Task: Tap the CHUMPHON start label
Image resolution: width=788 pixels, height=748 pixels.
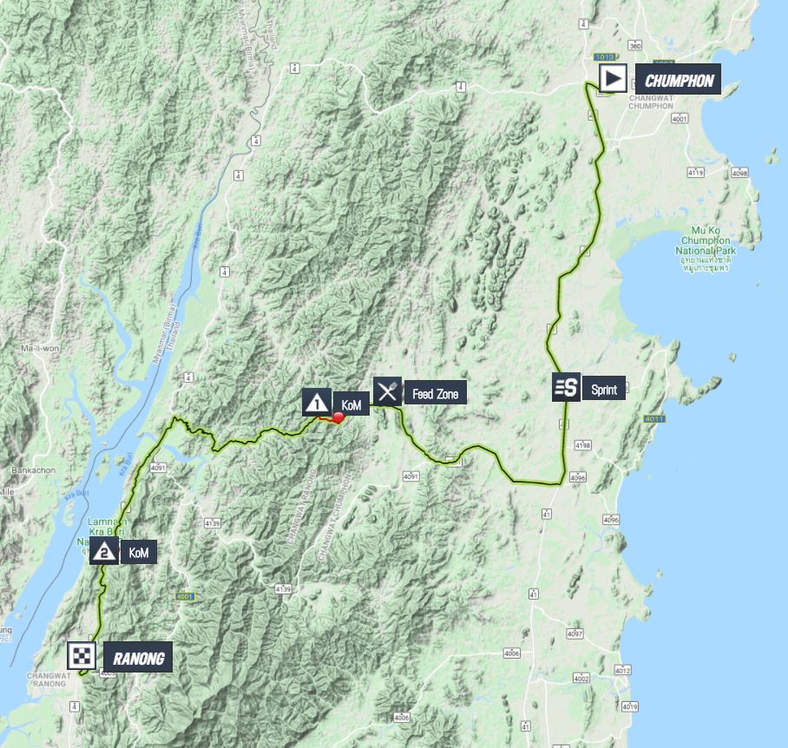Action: [x=679, y=82]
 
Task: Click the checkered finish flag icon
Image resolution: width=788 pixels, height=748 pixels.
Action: [x=81, y=656]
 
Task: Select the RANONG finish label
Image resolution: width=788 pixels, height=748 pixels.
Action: [x=137, y=659]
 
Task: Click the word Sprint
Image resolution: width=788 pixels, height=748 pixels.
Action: [x=604, y=390]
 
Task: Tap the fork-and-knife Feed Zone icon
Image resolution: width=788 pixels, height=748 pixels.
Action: [x=387, y=391]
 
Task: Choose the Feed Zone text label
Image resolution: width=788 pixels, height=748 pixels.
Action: [x=435, y=394]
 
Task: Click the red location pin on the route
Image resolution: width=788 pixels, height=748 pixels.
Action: [x=338, y=418]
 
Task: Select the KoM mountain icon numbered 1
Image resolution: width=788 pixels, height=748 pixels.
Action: [x=316, y=402]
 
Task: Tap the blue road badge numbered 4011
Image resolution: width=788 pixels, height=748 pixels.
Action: [x=654, y=420]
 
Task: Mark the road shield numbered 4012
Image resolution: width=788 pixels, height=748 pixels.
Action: [x=621, y=670]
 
